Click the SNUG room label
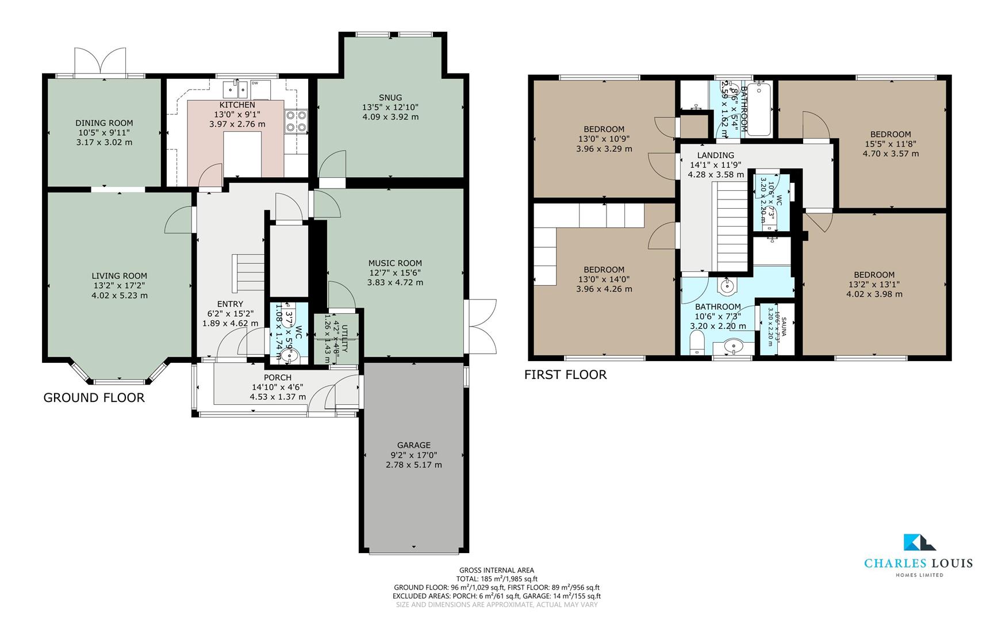390,98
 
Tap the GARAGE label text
413,445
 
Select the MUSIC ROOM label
395,263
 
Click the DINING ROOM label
104,122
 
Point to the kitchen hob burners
296,121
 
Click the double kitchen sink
235,89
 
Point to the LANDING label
715,155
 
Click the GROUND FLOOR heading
94,398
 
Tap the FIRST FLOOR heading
565,375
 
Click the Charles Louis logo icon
919,542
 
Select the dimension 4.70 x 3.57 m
890,154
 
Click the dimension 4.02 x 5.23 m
120,296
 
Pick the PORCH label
278,378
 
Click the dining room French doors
100,62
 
